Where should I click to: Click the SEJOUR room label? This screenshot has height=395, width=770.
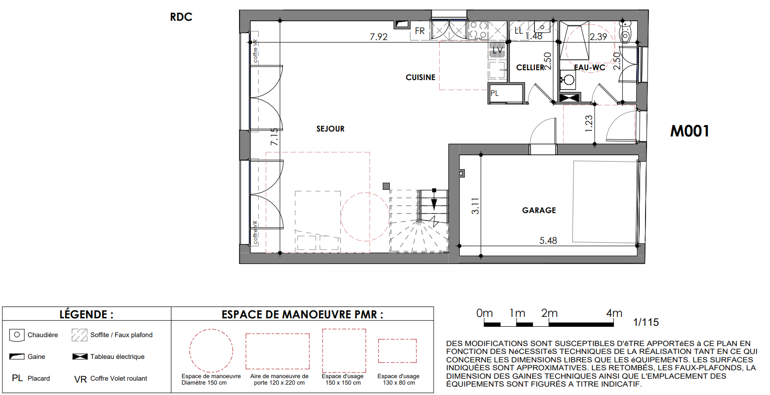pyautogui.click(x=330, y=129)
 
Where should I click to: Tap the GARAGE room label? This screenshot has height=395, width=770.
pyautogui.click(x=539, y=210)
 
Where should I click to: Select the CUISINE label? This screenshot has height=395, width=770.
pyautogui.click(x=420, y=78)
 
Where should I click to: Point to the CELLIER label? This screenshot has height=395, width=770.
pyautogui.click(x=530, y=67)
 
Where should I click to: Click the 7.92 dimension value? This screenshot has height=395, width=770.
pyautogui.click(x=378, y=37)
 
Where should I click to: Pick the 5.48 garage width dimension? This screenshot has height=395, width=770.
pyautogui.click(x=548, y=240)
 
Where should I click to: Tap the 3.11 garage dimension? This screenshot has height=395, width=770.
pyautogui.click(x=475, y=206)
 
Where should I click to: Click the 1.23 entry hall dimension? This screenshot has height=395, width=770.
pyautogui.click(x=589, y=123)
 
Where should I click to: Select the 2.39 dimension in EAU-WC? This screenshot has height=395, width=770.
pyautogui.click(x=599, y=37)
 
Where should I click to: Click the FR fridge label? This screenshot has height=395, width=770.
pyautogui.click(x=420, y=31)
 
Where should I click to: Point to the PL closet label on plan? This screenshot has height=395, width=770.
pyautogui.click(x=495, y=93)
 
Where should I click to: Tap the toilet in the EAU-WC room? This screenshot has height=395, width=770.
pyautogui.click(x=625, y=31)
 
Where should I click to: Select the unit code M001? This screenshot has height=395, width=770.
pyautogui.click(x=689, y=131)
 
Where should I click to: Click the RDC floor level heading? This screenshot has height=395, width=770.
pyautogui.click(x=181, y=17)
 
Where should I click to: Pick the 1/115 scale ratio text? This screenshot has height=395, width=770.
pyautogui.click(x=646, y=322)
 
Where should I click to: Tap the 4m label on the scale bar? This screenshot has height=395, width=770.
pyautogui.click(x=614, y=313)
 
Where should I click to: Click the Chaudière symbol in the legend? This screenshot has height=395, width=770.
pyautogui.click(x=16, y=335)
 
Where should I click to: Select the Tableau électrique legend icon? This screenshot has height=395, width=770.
pyautogui.click(x=80, y=357)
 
